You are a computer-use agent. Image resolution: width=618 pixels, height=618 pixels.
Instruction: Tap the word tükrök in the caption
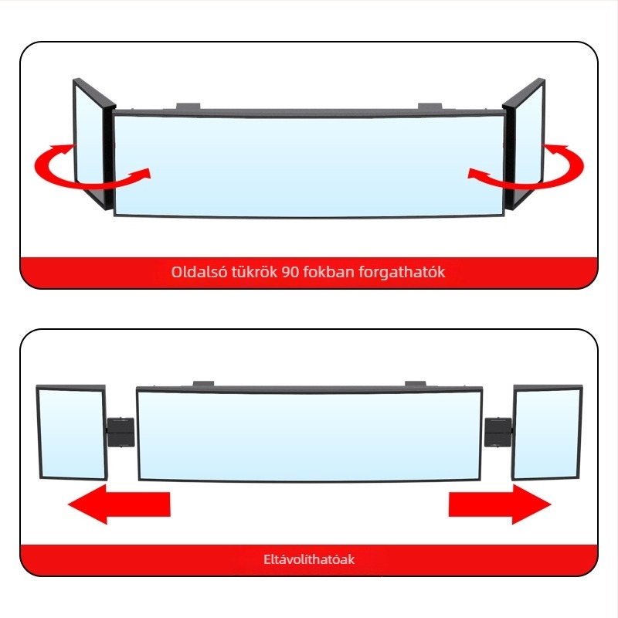click(250, 273)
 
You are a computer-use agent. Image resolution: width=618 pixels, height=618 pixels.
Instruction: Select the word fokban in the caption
click(325, 273)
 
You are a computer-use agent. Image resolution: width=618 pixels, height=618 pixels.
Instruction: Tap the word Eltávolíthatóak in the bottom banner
click(309, 559)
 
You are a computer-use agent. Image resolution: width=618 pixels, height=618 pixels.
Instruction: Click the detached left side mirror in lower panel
click(72, 433)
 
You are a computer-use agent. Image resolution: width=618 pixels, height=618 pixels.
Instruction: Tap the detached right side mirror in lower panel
click(545, 433)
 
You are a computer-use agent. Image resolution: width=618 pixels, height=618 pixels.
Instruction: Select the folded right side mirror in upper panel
click(525, 143)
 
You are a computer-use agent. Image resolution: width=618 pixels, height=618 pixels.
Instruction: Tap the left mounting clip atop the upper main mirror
click(188, 106)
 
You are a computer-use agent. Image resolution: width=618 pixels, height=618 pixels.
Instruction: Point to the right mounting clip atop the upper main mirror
click(430, 106)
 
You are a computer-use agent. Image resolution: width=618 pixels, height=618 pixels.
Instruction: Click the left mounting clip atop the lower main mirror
click(203, 382)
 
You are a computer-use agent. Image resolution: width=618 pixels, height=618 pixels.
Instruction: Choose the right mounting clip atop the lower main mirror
click(416, 382)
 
